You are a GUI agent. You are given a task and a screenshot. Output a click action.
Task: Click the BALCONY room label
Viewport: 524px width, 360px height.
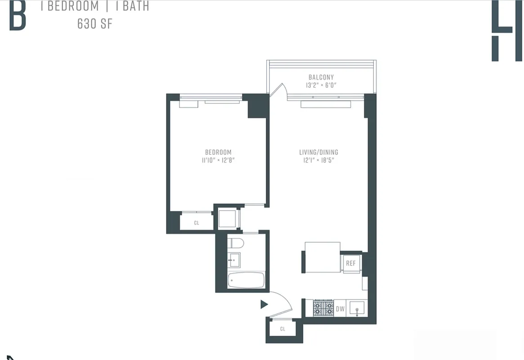(321, 77)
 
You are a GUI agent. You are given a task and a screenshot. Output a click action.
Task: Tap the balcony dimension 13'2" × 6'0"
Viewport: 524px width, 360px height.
(321, 85)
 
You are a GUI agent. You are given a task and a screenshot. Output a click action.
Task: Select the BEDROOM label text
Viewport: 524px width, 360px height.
(218, 153)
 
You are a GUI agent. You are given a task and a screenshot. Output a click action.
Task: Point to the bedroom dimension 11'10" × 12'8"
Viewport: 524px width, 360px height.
(218, 160)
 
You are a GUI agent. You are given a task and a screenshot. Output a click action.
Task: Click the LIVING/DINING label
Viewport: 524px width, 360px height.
(318, 152)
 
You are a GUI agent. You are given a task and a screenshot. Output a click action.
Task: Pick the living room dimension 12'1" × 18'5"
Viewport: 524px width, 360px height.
(318, 160)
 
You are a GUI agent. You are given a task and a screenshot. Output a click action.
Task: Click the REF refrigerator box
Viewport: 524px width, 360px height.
(351, 263)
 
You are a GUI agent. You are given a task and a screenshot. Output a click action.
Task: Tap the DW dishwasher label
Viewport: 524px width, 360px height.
(340, 309)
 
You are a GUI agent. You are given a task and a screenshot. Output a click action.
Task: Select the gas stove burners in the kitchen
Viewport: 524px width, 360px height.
(323, 308)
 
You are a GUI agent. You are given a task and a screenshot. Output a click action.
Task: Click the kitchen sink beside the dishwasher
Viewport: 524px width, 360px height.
(358, 309)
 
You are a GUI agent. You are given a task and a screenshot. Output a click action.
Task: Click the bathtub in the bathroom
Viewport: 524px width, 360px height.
(246, 280)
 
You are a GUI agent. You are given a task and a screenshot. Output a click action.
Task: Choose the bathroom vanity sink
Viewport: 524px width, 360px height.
(234, 260)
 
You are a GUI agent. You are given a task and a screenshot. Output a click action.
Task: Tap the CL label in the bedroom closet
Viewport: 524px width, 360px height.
(197, 223)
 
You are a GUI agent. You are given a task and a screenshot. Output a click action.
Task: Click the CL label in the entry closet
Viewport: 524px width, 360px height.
(282, 329)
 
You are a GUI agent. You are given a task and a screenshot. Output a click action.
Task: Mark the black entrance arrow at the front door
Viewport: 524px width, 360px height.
(264, 305)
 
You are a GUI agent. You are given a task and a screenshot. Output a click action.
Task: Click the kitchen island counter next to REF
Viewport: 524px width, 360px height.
(322, 257)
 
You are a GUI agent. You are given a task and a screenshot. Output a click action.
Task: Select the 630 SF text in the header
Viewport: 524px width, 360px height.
(94, 24)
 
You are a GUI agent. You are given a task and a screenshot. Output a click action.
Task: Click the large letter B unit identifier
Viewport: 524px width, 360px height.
(17, 15)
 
